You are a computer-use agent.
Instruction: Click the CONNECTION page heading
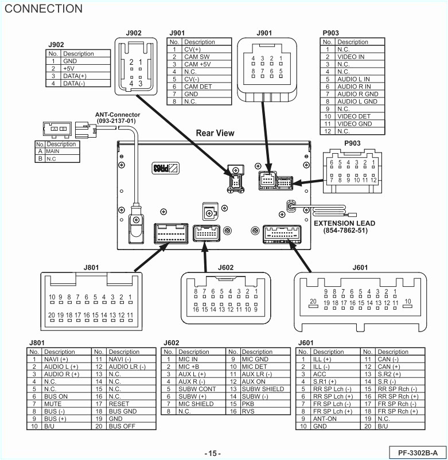click(44, 9)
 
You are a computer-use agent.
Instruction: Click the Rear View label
click(215, 133)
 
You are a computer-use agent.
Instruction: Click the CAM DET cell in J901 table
click(198, 87)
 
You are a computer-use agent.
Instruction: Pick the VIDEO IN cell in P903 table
click(350, 57)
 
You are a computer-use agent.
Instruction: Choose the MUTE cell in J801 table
click(54, 404)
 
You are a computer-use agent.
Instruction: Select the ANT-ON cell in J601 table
click(325, 419)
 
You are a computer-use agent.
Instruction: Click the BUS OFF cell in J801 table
click(122, 426)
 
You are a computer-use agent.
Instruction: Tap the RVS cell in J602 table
click(248, 411)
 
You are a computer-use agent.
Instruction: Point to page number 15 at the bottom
click(212, 453)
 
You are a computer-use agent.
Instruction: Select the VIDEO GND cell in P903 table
click(354, 124)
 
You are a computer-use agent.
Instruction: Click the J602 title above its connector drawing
click(226, 267)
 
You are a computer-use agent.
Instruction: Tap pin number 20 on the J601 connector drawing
click(313, 301)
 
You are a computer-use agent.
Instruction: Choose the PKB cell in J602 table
click(248, 404)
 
